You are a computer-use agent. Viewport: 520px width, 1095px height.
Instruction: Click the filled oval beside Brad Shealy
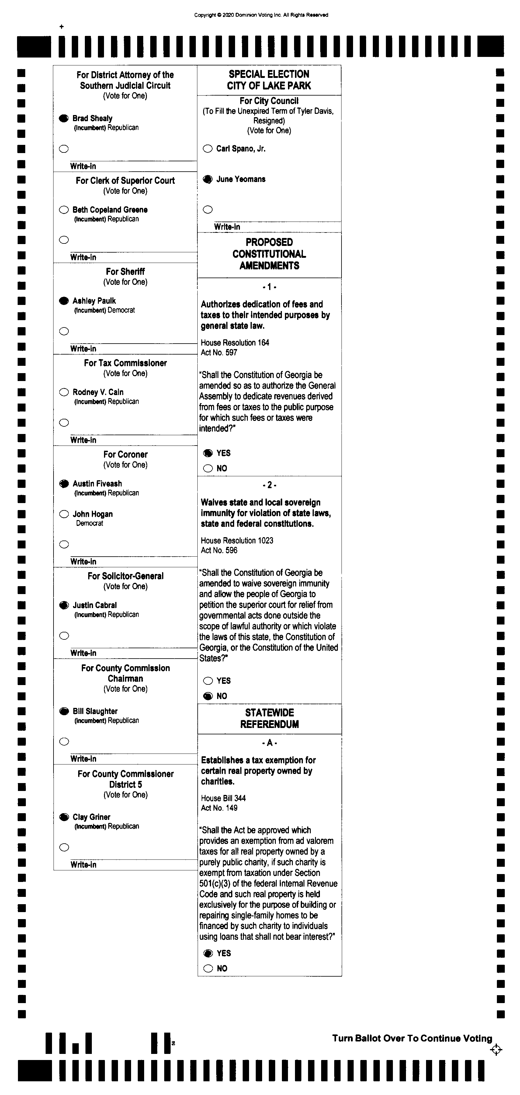tap(64, 118)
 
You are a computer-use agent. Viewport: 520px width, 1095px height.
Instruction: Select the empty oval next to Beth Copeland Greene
tap(64, 210)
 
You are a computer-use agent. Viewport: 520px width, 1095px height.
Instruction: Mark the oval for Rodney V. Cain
tap(64, 392)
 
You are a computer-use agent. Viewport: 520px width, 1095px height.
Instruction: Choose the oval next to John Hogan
tap(64, 514)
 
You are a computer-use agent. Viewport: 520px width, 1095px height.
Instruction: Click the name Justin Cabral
tap(94, 605)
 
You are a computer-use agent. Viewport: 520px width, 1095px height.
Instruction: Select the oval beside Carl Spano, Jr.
tap(208, 149)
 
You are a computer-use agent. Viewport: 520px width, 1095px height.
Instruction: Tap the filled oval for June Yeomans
tap(208, 179)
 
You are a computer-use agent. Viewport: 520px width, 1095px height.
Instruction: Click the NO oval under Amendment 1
tap(208, 468)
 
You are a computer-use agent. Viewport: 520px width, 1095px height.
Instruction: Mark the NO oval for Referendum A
tap(208, 968)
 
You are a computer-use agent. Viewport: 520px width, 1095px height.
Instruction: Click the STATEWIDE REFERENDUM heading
tap(269, 718)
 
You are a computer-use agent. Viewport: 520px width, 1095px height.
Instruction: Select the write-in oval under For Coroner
tap(64, 544)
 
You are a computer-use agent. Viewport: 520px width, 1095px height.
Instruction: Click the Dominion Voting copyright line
tap(261, 15)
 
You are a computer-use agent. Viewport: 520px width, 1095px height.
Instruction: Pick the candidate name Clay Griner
tap(91, 817)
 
